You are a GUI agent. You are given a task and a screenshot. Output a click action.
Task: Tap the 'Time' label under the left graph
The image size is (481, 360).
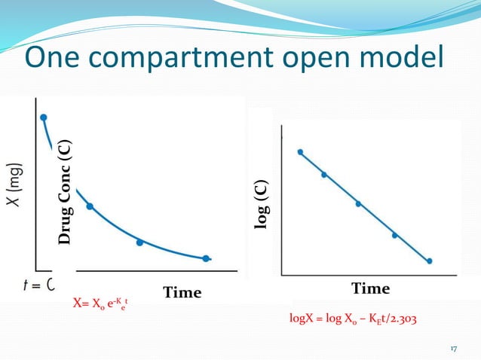click(182, 292)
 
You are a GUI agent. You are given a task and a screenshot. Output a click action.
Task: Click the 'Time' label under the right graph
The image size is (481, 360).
click(371, 288)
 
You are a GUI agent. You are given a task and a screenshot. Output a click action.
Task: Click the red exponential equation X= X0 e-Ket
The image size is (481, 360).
click(100, 304)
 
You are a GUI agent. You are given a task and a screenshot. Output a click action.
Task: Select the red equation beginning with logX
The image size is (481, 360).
click(352, 319)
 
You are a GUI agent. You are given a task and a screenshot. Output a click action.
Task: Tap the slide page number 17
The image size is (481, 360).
click(453, 349)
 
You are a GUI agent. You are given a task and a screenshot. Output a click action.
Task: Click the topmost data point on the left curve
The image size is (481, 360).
click(44, 117)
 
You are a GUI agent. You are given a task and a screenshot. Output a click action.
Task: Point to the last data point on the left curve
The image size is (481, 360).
click(206, 258)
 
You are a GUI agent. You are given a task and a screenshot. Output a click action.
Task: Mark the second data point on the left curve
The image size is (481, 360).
click(90, 206)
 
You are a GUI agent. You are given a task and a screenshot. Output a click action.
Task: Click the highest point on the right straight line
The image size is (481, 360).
click(300, 151)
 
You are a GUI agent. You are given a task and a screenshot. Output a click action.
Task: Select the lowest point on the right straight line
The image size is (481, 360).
click(430, 261)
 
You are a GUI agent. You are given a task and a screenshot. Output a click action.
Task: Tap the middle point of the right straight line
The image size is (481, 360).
click(358, 203)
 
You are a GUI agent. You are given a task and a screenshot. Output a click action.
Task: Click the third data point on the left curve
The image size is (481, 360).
click(139, 243)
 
